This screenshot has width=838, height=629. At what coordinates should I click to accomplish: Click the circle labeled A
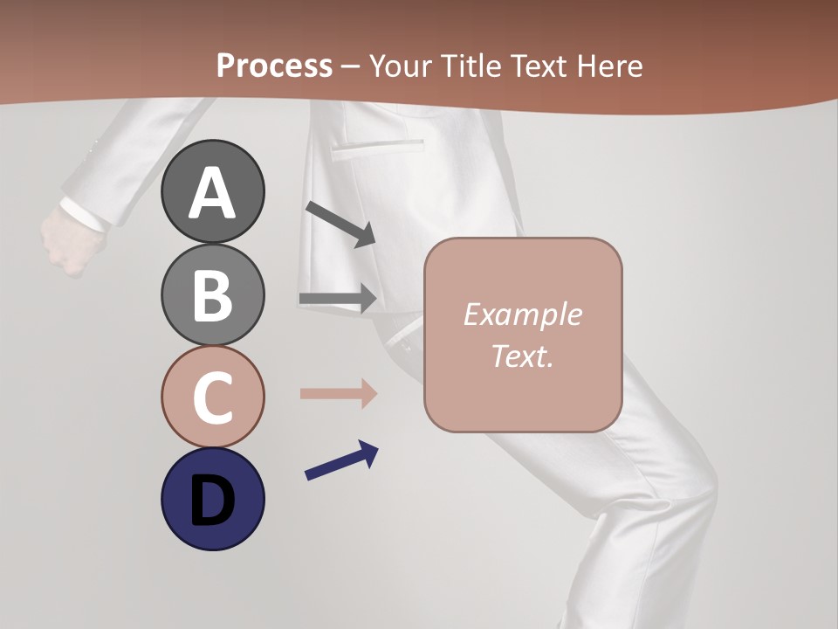pyautogui.click(x=212, y=191)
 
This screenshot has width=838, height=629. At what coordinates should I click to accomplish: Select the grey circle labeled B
pyautogui.click(x=212, y=294)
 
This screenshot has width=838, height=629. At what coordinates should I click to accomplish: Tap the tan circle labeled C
pyautogui.click(x=212, y=397)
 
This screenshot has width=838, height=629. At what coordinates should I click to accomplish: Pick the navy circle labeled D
pyautogui.click(x=212, y=499)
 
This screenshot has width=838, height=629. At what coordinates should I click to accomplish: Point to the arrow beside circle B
pyautogui.click(x=338, y=299)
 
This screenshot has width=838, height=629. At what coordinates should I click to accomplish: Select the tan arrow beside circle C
pyautogui.click(x=338, y=394)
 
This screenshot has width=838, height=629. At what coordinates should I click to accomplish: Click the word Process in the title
pyautogui.click(x=274, y=66)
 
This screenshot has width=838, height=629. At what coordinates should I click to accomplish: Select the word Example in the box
pyautogui.click(x=522, y=314)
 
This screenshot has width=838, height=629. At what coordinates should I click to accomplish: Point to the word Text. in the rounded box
pyautogui.click(x=522, y=356)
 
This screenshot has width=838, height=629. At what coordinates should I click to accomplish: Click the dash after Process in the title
pyautogui.click(x=350, y=66)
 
